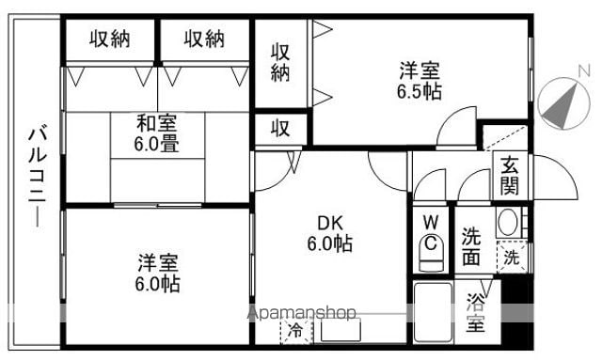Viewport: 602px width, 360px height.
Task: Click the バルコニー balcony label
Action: pyautogui.click(x=38, y=178)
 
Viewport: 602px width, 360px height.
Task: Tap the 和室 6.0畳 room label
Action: pyautogui.click(x=157, y=134)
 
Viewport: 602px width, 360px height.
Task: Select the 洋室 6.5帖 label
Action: pyautogui.click(x=420, y=81)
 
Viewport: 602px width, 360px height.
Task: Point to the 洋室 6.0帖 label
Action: pyautogui.click(x=157, y=274)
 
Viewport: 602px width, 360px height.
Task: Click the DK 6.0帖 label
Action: pyautogui.click(x=330, y=233)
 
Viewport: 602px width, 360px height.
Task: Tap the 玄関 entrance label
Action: pyautogui.click(x=510, y=176)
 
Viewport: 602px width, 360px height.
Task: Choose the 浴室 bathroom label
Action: pyautogui.click(x=476, y=312)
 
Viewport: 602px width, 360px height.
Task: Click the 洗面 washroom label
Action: pyautogui.click(x=471, y=247)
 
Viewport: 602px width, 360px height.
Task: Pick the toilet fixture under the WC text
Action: pyautogui.click(x=431, y=252)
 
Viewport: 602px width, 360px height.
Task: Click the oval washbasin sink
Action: pyautogui.click(x=508, y=222)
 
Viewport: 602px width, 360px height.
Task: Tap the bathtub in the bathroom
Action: pyautogui.click(x=433, y=313)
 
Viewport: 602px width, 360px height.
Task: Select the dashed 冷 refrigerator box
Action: pyautogui.click(x=296, y=331)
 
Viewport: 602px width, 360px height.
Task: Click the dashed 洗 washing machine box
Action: pyautogui.click(x=512, y=258)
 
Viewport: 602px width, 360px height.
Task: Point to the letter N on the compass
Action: pyautogui.click(x=584, y=71)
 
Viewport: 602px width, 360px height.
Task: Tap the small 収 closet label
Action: pyautogui.click(x=280, y=129)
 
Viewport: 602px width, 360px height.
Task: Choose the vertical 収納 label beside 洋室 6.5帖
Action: pyautogui.click(x=280, y=62)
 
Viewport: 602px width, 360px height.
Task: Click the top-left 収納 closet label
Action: pyautogui.click(x=110, y=39)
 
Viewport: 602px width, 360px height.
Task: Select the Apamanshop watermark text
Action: pyautogui.click(x=302, y=313)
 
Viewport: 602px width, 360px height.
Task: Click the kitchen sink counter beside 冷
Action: pyautogui.click(x=341, y=331)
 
